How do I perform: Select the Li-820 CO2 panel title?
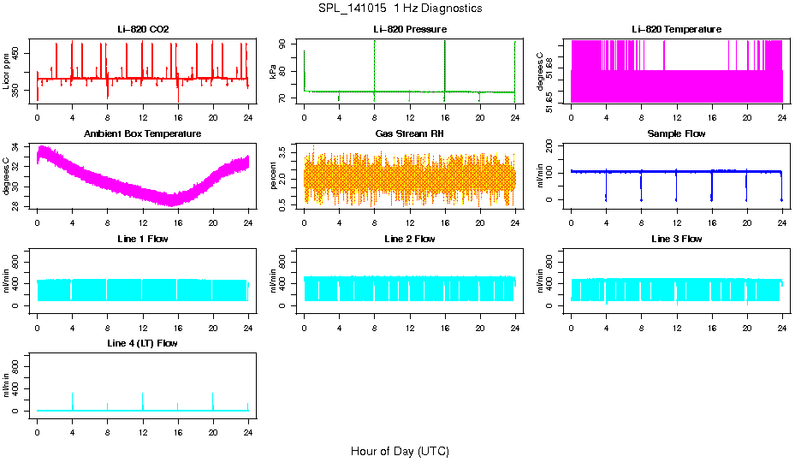click(x=143, y=30)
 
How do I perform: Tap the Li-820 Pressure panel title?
click(x=409, y=30)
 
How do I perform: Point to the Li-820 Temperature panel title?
click(x=676, y=30)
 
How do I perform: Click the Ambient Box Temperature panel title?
click(x=143, y=134)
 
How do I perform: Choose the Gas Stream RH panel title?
click(x=409, y=134)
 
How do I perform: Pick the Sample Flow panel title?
click(x=676, y=134)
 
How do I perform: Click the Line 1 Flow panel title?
click(x=143, y=239)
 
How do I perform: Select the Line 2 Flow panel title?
click(x=409, y=239)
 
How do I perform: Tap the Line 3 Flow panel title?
click(x=676, y=239)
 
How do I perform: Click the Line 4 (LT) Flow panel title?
click(x=143, y=343)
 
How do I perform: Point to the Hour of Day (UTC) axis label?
click(x=400, y=451)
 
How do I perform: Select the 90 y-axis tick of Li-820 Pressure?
click(x=289, y=43)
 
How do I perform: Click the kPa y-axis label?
click(x=273, y=72)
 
